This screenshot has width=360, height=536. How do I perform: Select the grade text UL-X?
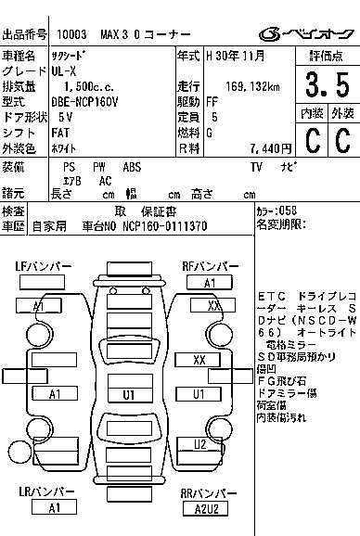pos(64,70)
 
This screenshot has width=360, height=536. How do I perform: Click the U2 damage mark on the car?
pos(199,444)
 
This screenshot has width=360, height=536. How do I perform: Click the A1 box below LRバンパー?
pos(55,508)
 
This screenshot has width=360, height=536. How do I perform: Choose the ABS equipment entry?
pos(132,167)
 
